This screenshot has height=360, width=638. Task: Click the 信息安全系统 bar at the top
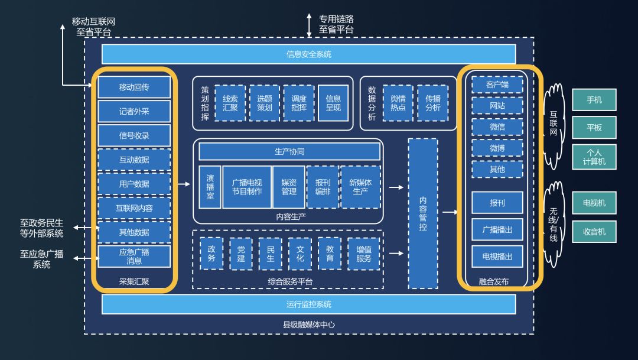[308, 54]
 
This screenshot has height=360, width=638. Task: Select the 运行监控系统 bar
[308, 304]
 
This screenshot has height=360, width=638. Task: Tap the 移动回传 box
[134, 87]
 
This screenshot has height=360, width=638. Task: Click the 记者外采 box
[134, 111]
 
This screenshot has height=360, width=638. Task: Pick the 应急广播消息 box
[134, 256]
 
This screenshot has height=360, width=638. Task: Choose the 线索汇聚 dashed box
[230, 103]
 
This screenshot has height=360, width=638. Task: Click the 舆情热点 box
[398, 103]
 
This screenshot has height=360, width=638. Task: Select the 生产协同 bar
[289, 151]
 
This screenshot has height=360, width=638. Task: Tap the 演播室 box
[210, 187]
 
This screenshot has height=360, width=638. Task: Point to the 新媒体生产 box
[360, 187]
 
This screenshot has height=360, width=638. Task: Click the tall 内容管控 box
[423, 213]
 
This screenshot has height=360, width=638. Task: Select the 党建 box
[240, 254]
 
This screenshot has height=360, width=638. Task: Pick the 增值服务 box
[364, 254]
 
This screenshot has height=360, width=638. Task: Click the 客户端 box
[497, 85]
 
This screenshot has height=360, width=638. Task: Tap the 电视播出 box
[497, 257]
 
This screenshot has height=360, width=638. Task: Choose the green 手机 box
[594, 100]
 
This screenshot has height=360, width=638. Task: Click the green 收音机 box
[594, 232]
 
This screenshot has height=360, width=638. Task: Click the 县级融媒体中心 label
[309, 325]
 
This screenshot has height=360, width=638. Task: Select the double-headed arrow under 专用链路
[309, 24]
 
